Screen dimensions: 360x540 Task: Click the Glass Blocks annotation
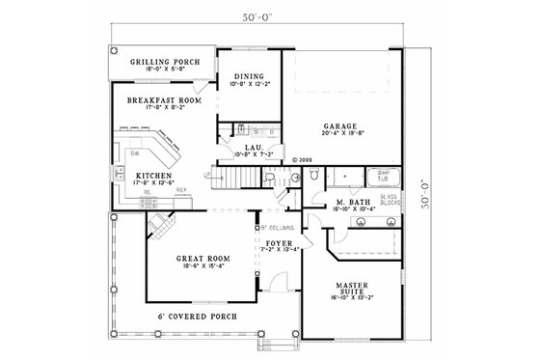[390, 201]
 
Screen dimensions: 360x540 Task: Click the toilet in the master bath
[314, 176]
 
